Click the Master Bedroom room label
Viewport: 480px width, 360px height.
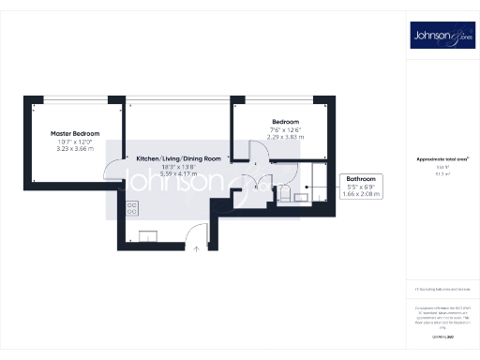pos(75,133)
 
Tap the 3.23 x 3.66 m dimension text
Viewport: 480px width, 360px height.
pos(75,148)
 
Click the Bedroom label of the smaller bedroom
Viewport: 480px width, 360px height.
pos(286,123)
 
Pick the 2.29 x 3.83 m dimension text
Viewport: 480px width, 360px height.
pos(286,138)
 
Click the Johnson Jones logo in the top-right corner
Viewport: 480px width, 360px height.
pos(441,37)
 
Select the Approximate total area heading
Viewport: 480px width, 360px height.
pos(441,159)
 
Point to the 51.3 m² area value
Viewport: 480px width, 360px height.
pos(441,174)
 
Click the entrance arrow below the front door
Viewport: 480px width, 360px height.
pos(196,248)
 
